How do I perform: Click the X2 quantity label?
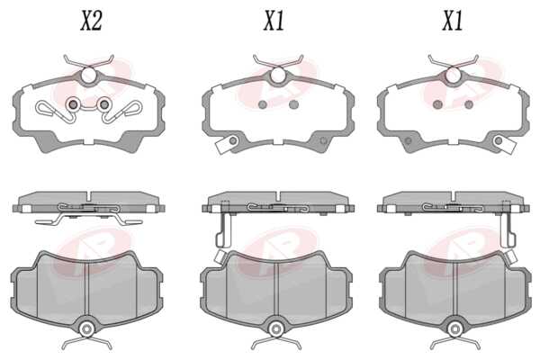91,21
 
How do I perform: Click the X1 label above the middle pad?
274,21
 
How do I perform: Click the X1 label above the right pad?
452,21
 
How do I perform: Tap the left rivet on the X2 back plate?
73,103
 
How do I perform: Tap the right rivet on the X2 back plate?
104,103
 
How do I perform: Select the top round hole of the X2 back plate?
89,76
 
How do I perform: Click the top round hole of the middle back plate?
277,76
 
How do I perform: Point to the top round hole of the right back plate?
453,76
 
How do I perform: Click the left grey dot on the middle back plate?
263,104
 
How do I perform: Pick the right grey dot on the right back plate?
469,104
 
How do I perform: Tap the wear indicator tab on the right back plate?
504,144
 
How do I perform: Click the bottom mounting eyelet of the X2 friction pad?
86,329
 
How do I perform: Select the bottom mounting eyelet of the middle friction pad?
275,329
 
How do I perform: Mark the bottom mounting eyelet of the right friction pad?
454,329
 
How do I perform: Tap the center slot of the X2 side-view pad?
88,195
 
